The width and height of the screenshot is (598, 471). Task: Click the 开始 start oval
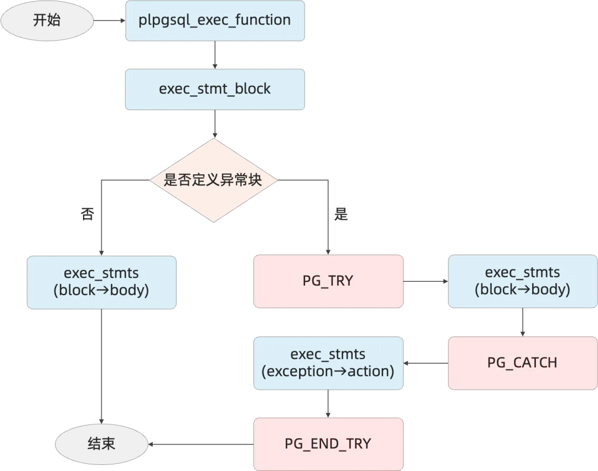pyautogui.click(x=47, y=20)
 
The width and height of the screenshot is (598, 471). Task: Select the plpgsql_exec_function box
pyautogui.click(x=215, y=20)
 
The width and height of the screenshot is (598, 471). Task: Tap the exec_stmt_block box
pyautogui.click(x=215, y=89)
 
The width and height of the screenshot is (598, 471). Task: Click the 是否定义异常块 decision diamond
pyautogui.click(x=213, y=180)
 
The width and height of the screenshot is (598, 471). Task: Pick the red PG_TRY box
pyautogui.click(x=328, y=281)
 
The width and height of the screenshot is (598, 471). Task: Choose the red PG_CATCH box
pyautogui.click(x=522, y=363)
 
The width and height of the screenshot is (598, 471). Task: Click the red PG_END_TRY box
pyautogui.click(x=328, y=444)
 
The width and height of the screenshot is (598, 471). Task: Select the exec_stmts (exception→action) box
pyautogui.click(x=328, y=363)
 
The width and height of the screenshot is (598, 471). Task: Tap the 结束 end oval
pyautogui.click(x=101, y=444)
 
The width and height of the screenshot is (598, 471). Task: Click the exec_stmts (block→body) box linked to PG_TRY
pyautogui.click(x=522, y=281)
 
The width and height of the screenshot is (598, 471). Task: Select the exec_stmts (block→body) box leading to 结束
pyautogui.click(x=101, y=282)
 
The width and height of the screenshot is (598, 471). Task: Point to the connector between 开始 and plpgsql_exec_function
pyautogui.click(x=110, y=20)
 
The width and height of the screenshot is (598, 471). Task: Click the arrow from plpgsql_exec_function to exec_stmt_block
pyautogui.click(x=215, y=55)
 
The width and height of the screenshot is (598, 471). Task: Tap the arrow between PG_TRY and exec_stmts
pyautogui.click(x=425, y=281)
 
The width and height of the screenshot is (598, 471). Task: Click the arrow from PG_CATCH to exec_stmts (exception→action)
pyautogui.click(x=425, y=363)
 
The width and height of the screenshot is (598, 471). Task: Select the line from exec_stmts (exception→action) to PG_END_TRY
pyautogui.click(x=328, y=403)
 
